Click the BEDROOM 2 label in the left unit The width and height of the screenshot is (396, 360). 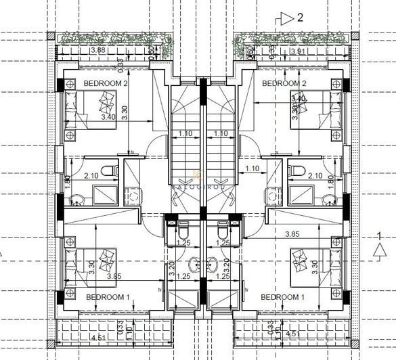(x=105, y=83)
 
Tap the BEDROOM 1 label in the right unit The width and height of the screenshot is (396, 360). (x=283, y=297)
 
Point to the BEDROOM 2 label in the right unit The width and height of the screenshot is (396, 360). (x=284, y=83)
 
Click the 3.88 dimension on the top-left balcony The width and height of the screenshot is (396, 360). (x=97, y=51)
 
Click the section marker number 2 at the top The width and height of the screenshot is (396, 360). (x=299, y=18)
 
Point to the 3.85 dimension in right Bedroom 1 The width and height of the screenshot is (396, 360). (x=292, y=234)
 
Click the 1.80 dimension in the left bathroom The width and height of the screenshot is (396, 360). (x=66, y=182)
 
